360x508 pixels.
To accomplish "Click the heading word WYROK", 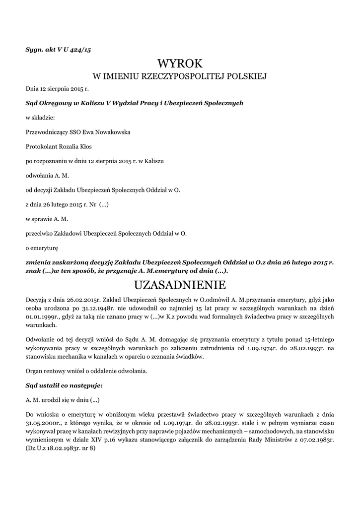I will [x=180, y=63].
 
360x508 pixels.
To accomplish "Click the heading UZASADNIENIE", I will [x=180, y=285].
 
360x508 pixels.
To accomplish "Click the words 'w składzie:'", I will [x=40, y=118].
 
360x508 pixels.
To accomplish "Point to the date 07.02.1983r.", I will [x=315, y=439].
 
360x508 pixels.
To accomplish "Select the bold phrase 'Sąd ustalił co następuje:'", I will [x=64, y=385].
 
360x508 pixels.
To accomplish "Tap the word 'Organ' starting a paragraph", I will [x=34, y=371].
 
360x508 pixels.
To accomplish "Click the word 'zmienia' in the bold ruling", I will [x=40, y=261].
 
